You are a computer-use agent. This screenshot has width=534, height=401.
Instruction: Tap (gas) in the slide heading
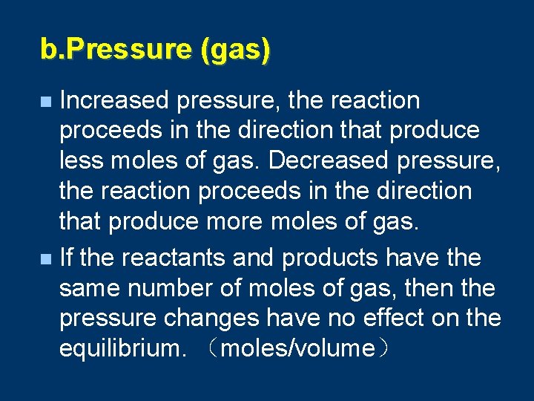click(235, 50)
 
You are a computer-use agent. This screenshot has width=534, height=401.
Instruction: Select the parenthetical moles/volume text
click(297, 348)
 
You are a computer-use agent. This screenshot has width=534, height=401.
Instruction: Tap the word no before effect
click(345, 319)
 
